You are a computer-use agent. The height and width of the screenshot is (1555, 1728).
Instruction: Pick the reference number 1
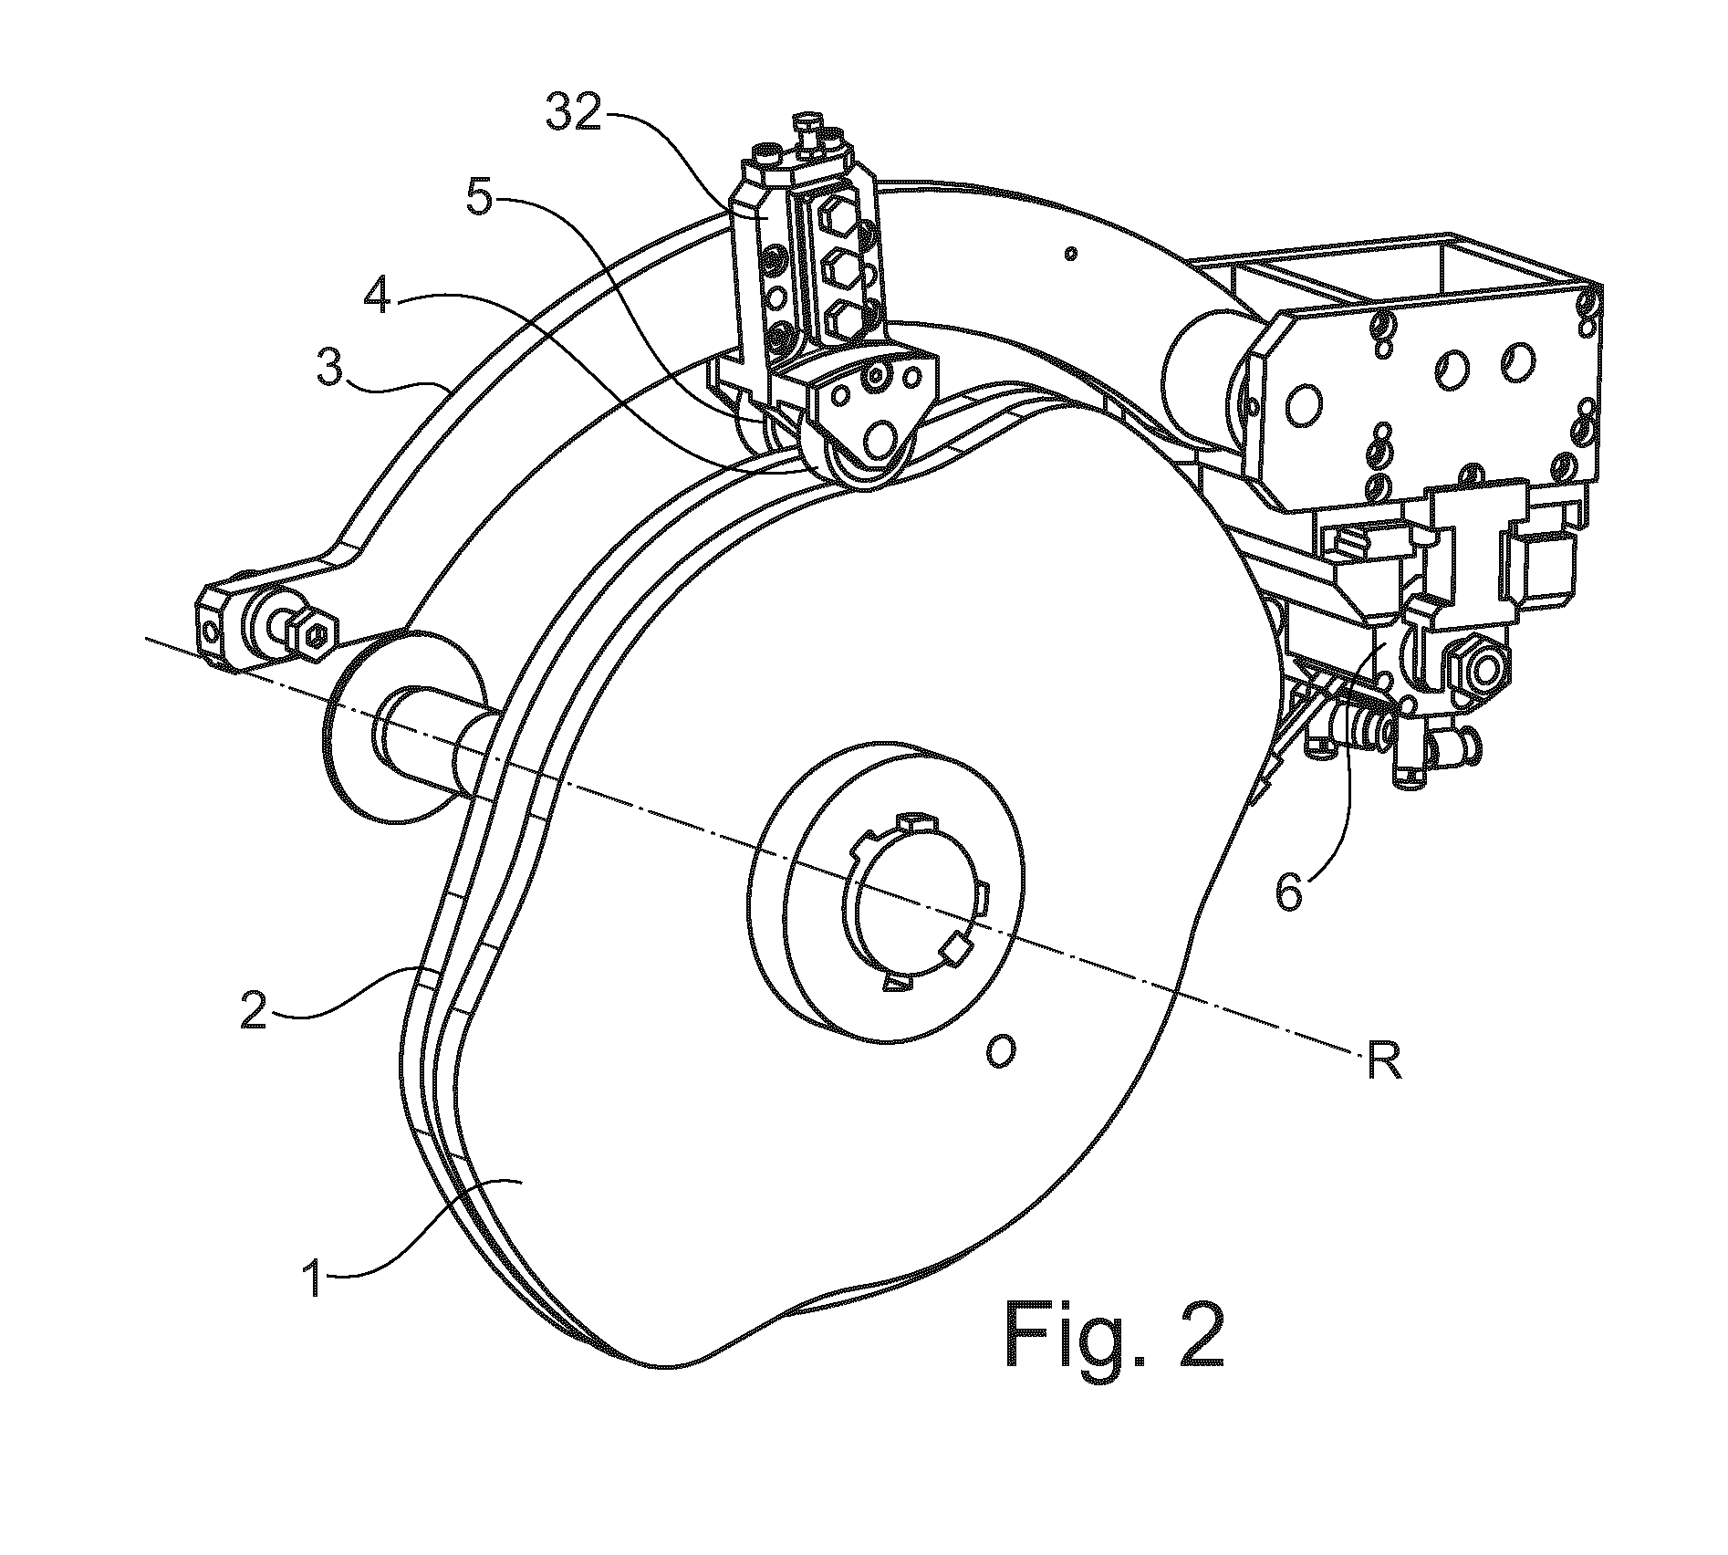[314, 1279]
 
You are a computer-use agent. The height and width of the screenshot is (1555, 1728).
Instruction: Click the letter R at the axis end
[1382, 1064]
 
